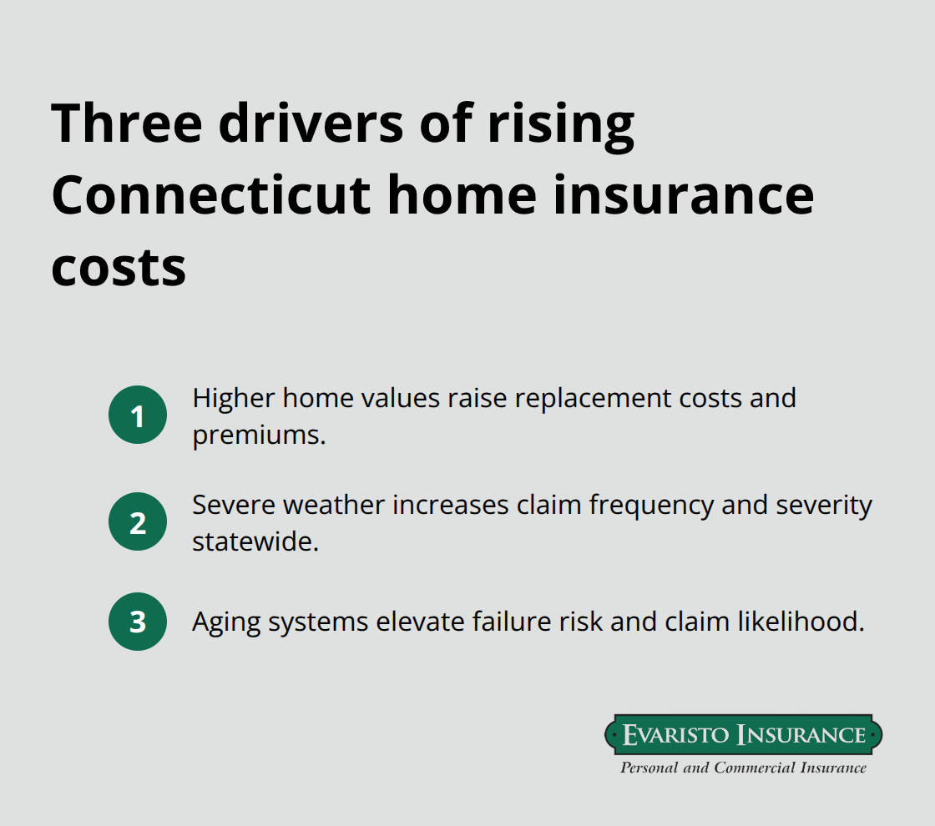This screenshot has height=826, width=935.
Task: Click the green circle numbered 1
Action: pyautogui.click(x=138, y=415)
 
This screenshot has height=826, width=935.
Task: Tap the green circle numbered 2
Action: pyautogui.click(x=138, y=521)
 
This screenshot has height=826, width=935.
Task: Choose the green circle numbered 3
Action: pyautogui.click(x=138, y=622)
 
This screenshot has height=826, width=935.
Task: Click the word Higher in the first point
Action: pyautogui.click(x=234, y=398)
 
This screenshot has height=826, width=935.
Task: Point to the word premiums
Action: pyautogui.click(x=259, y=434)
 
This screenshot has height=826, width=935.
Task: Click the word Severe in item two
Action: pyautogui.click(x=233, y=505)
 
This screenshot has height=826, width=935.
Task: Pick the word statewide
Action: pyautogui.click(x=255, y=541)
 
